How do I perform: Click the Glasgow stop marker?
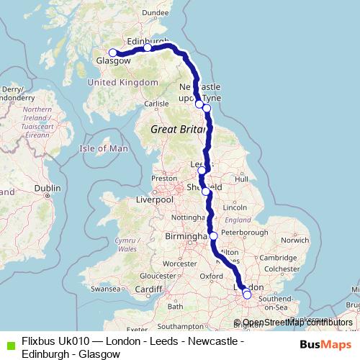[x=112, y=53]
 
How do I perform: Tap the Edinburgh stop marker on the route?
[x=147, y=48]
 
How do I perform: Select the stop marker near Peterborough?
[x=213, y=235]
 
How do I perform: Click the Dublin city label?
[x=48, y=188]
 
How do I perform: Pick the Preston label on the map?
[x=163, y=178]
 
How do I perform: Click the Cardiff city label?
[x=149, y=289]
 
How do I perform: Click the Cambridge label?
[x=274, y=258]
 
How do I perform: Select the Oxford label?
[x=211, y=275]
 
